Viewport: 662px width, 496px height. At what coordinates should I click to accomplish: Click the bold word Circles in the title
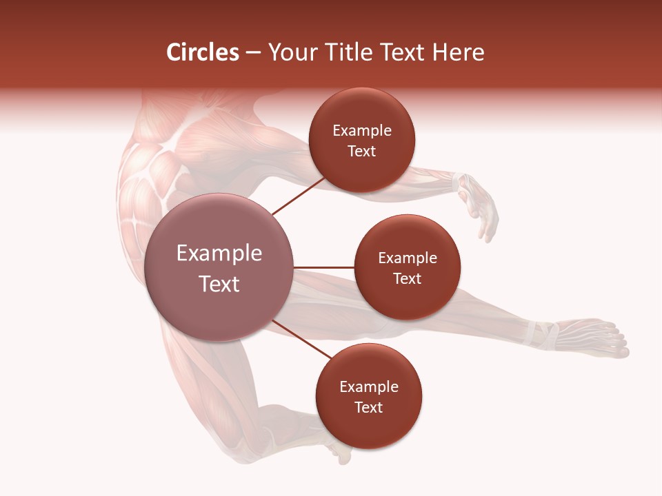(203, 52)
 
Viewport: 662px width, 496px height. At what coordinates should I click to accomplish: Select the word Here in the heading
(459, 52)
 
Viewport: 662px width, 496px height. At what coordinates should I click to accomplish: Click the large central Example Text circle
(219, 267)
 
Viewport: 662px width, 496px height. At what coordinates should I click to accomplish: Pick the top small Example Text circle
(362, 140)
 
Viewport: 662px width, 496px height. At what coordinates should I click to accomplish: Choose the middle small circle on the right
(408, 267)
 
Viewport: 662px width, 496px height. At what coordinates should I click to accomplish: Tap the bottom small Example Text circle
(369, 396)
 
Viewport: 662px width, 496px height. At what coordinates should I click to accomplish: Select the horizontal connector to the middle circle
(324, 267)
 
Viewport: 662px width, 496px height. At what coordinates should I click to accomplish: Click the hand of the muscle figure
(483, 210)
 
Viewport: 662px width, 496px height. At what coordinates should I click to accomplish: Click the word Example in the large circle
(219, 254)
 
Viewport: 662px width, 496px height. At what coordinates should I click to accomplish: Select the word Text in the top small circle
(362, 152)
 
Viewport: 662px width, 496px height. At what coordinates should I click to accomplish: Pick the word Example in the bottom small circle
(369, 386)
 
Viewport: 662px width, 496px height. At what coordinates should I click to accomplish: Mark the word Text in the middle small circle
(408, 279)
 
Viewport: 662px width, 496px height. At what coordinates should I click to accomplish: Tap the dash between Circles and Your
(253, 53)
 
